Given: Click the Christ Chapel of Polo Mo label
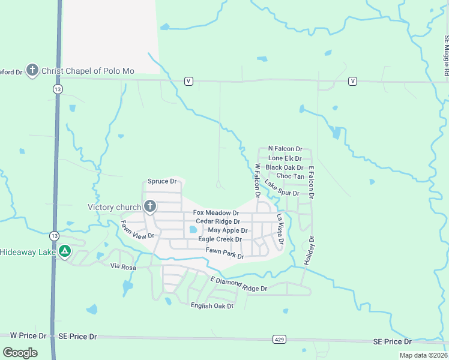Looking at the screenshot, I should pos(88,71).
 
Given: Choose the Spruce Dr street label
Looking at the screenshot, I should pos(163,181).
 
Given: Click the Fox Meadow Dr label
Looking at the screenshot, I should pos(216,213).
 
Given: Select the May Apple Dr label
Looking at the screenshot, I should pos(228,230).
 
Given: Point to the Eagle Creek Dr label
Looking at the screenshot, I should pos(220,239).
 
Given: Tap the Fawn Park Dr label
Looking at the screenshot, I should pos(224,253).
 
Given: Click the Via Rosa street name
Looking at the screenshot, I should pos(124,266).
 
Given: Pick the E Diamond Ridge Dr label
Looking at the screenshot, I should pos(238,284).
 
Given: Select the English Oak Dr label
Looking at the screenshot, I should pos(211,306).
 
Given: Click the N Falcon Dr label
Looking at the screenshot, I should pos(285,148).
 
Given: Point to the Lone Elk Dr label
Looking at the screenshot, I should pos(285,158).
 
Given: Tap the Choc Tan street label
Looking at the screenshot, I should pos(290,176).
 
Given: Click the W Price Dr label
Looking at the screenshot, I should pos(28,335).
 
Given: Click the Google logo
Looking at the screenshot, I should pos(20,353).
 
